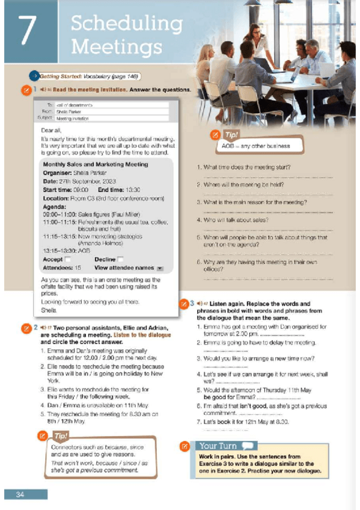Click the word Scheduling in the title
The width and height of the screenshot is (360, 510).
pos(126,24)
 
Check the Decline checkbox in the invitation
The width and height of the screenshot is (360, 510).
pos(120,259)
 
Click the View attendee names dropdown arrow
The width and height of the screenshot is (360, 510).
pos(159,268)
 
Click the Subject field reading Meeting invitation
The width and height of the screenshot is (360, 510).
pos(72,118)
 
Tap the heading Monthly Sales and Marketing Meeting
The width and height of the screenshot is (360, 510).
pos(95,164)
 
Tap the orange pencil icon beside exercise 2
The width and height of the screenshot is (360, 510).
pos(26,328)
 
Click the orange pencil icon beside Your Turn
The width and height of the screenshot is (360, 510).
pos(186,446)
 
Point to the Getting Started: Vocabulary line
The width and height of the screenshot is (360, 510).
pos(83,76)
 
